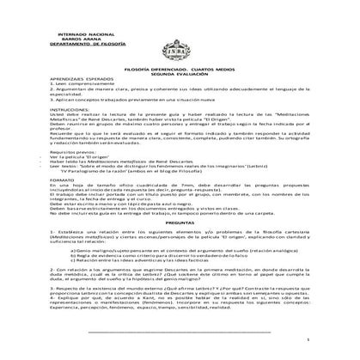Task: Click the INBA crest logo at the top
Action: click(x=180, y=39)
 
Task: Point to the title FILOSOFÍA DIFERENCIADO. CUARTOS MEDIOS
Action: click(x=180, y=65)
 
